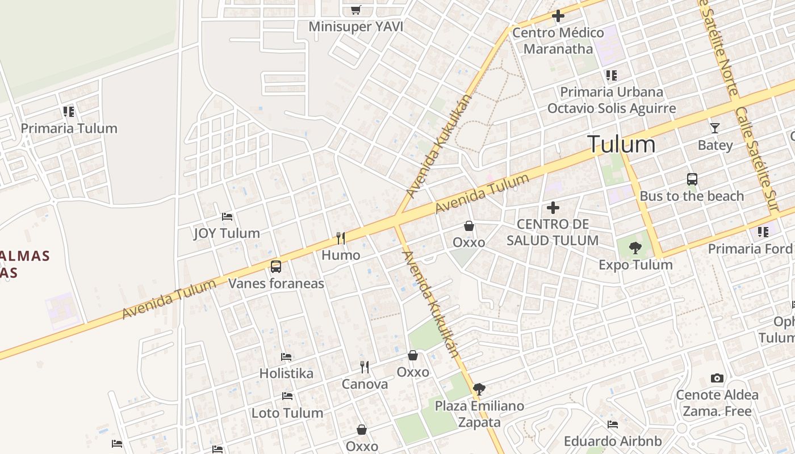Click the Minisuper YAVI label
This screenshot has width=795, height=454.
pos(355,27)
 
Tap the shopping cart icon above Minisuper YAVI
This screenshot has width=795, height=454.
pos(355,10)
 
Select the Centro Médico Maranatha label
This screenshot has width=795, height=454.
pos(558,41)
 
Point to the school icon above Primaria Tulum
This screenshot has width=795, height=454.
pos(69,111)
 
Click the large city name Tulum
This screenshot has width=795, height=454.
pos(621,144)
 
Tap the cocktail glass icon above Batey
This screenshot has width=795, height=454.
pos(714,128)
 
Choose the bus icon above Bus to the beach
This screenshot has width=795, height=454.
pos(692,179)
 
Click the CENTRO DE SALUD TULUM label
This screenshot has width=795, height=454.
pos(553,232)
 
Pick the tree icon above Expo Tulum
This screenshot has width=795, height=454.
pos(635,247)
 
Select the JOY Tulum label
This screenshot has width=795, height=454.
pos(227,233)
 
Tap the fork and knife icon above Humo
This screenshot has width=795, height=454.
pos(341,238)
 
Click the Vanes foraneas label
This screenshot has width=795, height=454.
pos(276,283)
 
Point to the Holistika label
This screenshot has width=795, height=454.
pos(286,373)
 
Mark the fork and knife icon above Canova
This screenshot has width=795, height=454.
pos(365,367)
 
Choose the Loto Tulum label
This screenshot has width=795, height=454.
pos(287,413)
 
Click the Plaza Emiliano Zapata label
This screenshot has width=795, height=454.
pos(479,414)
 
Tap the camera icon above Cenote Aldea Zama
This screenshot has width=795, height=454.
pos(717,379)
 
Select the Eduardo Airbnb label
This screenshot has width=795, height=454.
pos(613,441)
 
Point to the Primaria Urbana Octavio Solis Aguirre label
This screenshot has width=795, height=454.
pos(612,100)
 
